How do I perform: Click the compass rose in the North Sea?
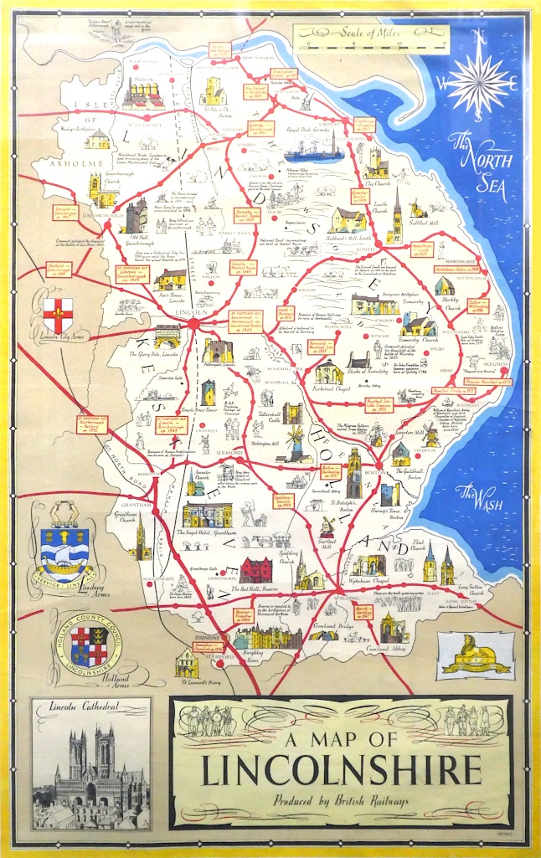point(480,80)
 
